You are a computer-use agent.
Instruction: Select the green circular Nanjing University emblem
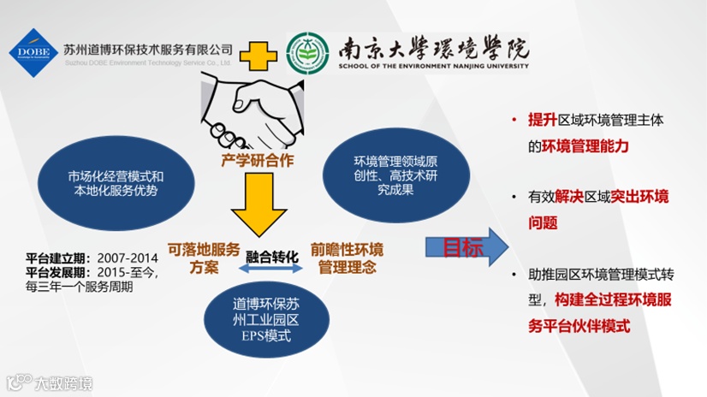[307, 53]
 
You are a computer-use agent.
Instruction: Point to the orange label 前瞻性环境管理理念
[347, 258]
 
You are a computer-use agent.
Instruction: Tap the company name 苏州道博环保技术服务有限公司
[148, 49]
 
